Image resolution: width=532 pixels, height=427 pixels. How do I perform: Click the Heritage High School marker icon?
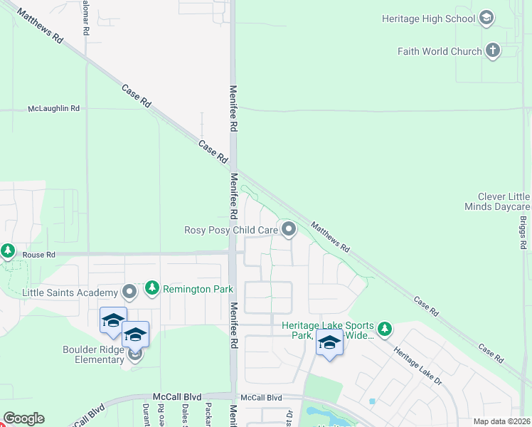[487, 19]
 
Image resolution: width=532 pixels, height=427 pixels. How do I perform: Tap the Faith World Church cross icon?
[493, 51]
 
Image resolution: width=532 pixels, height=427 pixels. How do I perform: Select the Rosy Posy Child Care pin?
[289, 229]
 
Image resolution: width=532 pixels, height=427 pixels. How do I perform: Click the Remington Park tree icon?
[151, 288]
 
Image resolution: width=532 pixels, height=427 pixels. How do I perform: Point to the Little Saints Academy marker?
[129, 292]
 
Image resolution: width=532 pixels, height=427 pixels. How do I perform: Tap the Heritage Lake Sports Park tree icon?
[385, 329]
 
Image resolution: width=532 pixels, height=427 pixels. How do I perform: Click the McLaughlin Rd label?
[53, 109]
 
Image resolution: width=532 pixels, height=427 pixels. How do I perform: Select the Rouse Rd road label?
[38, 255]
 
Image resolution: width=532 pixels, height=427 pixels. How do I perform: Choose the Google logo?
[23, 418]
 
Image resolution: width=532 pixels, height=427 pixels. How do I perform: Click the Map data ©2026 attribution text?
[501, 421]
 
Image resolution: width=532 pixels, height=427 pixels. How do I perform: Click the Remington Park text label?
[188, 289]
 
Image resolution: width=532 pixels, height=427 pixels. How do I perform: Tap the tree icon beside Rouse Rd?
[8, 251]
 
